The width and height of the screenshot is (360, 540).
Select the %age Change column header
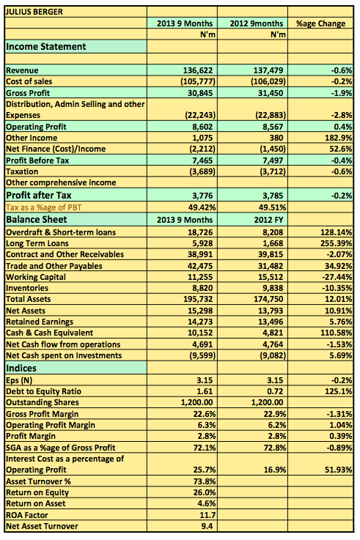click(x=320, y=23)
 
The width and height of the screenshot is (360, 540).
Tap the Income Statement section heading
click(x=45, y=46)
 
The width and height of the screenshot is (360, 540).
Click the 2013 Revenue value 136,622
click(x=198, y=70)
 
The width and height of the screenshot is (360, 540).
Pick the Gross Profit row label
click(x=28, y=93)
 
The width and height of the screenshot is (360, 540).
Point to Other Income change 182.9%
click(x=338, y=138)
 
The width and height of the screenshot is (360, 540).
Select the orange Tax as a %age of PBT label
click(x=44, y=207)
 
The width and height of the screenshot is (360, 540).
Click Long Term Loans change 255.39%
click(x=336, y=243)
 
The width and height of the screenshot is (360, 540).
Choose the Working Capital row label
click(x=36, y=277)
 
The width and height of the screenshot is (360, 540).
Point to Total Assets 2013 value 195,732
click(x=198, y=299)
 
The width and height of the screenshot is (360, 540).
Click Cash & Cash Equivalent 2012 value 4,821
click(x=273, y=333)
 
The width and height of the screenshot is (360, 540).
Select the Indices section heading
click(x=21, y=368)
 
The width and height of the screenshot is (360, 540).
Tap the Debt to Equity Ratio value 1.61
click(x=205, y=391)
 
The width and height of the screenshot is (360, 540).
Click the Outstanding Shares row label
click(x=43, y=402)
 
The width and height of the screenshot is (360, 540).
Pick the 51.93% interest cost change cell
click(x=338, y=470)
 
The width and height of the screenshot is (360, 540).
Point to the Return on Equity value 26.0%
click(x=205, y=492)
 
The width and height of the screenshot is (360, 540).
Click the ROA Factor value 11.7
click(x=207, y=515)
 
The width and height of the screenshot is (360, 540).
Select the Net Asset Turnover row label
click(x=42, y=526)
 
